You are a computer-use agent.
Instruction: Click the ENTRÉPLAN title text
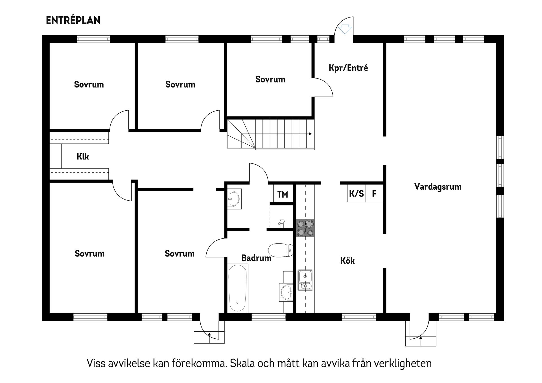click(73, 20)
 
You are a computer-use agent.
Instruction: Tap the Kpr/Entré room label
click(348, 68)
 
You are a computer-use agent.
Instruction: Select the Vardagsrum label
click(438, 187)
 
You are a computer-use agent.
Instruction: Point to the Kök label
click(347, 261)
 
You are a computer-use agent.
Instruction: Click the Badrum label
click(256, 258)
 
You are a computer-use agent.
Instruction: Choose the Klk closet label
click(83, 156)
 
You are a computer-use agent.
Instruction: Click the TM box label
click(283, 194)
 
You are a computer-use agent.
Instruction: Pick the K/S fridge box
click(356, 194)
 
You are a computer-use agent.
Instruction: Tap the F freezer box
click(374, 194)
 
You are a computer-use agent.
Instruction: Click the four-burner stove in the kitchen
click(305, 228)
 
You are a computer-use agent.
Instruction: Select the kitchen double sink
click(305, 280)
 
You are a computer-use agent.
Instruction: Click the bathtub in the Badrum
click(238, 288)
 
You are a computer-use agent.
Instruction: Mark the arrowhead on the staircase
click(310, 134)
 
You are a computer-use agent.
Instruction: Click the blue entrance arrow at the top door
click(345, 29)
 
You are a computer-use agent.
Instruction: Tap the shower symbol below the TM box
click(281, 223)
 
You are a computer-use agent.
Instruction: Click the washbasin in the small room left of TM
click(234, 199)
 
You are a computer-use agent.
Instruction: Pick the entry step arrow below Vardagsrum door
click(421, 338)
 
